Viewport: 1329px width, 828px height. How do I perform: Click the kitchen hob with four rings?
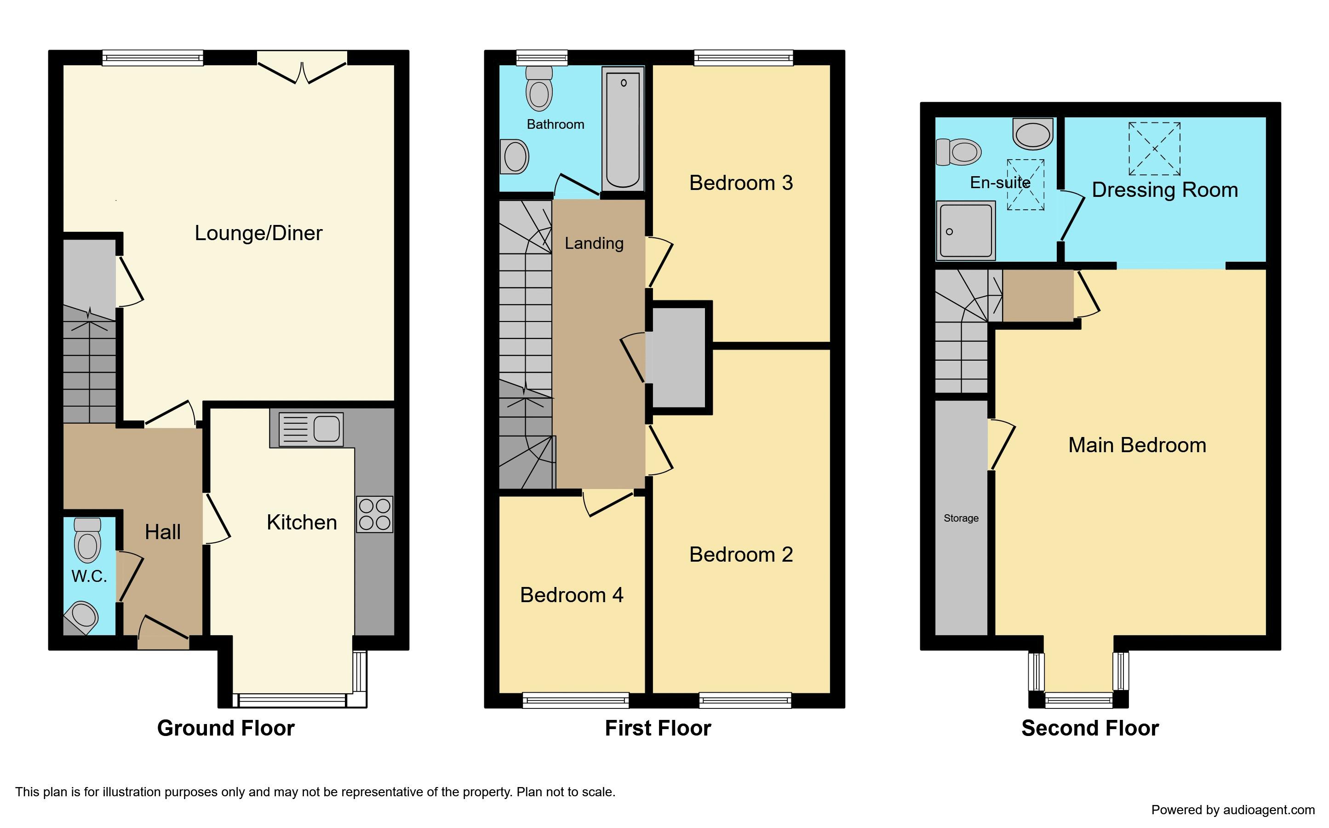click(x=374, y=514)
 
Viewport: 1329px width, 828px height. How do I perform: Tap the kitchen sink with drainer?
click(x=311, y=429)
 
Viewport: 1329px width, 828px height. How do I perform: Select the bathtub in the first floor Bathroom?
click(x=623, y=128)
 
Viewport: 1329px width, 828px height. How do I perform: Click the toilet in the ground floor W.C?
click(x=87, y=540)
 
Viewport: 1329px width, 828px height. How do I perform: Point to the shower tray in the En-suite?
click(x=966, y=230)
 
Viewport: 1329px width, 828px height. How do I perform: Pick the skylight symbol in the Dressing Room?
click(x=1154, y=149)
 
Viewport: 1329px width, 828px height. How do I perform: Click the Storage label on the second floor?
click(x=961, y=518)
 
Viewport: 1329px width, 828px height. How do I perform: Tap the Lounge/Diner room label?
click(x=258, y=233)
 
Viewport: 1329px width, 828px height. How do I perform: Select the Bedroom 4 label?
click(x=572, y=595)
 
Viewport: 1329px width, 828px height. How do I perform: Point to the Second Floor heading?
click(x=1090, y=728)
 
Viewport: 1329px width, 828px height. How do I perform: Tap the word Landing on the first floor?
click(x=594, y=243)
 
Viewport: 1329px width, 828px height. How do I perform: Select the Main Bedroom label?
click(x=1137, y=445)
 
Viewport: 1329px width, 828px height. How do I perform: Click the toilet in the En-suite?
click(x=959, y=151)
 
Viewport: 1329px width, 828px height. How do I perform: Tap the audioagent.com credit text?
click(x=1233, y=810)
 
